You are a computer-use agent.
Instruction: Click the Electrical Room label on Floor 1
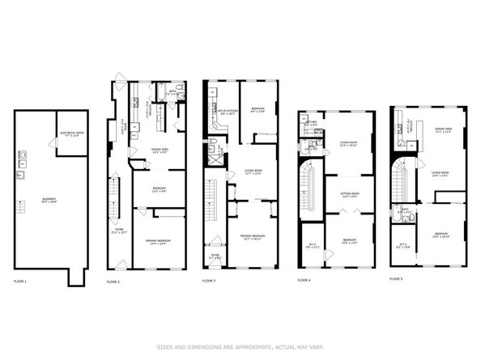coord(70,134)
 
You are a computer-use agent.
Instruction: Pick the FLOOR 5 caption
coord(397,278)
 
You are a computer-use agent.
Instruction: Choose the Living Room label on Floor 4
coord(348,145)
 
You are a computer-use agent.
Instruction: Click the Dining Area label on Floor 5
coord(442,130)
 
